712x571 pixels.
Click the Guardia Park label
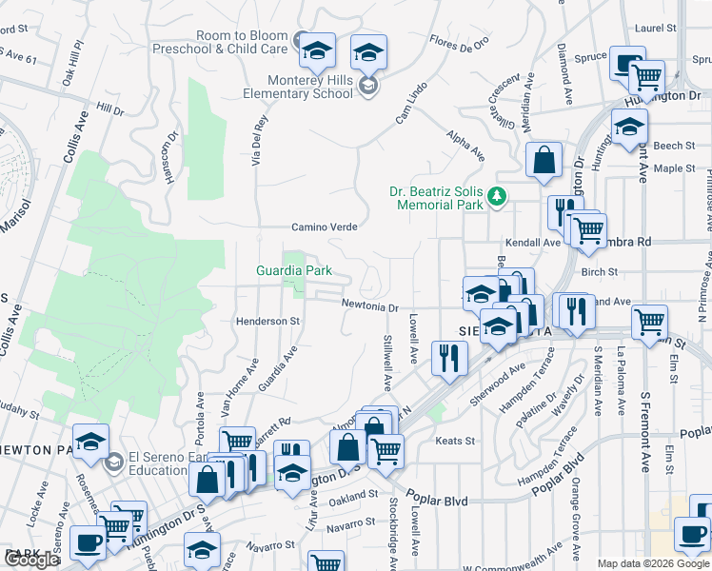click(x=294, y=270)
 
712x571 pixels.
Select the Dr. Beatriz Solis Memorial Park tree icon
click(x=496, y=197)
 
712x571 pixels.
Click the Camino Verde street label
click(x=325, y=227)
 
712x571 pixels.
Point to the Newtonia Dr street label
click(x=370, y=306)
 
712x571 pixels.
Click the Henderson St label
click(x=267, y=322)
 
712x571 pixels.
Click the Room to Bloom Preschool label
click(x=242, y=42)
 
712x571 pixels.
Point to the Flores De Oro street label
click(x=459, y=42)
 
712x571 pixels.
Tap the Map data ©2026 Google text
click(x=653, y=563)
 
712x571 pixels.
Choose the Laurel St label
click(x=656, y=29)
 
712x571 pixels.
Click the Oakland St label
click(x=354, y=498)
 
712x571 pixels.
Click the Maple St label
click(x=676, y=168)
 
